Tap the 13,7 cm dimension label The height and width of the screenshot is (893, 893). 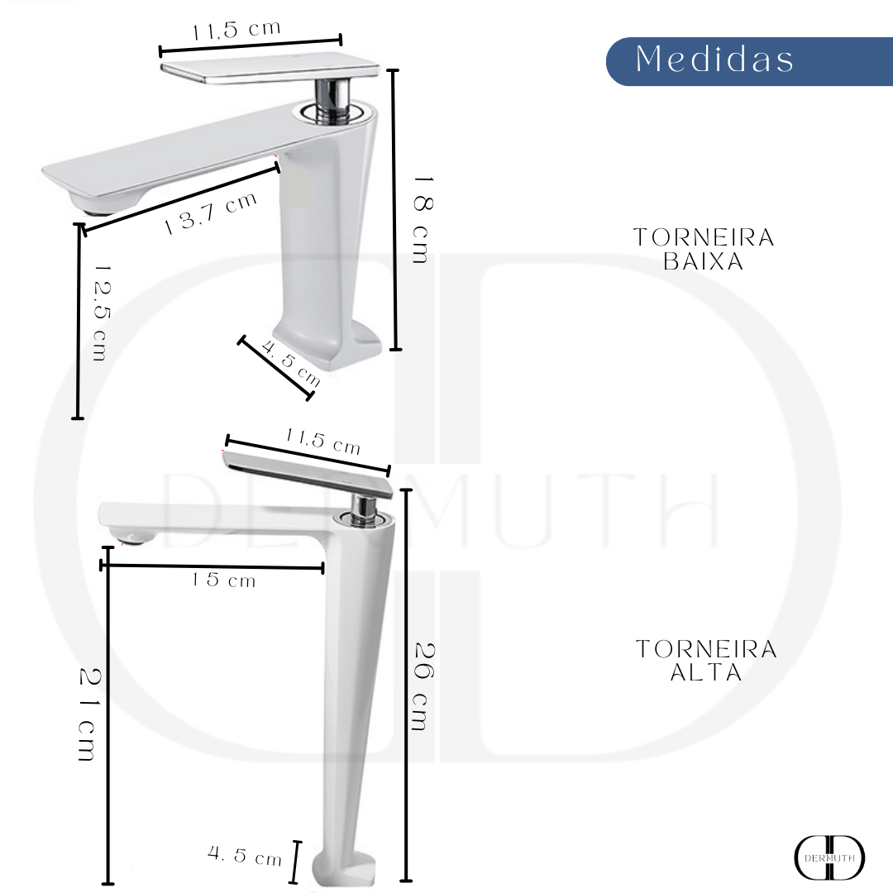pyautogui.click(x=211, y=214)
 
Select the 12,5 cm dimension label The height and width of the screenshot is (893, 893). pyautogui.click(x=100, y=313)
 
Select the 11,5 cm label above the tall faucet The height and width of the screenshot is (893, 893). pyautogui.click(x=322, y=442)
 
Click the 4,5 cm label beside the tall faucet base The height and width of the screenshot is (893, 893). pyautogui.click(x=246, y=857)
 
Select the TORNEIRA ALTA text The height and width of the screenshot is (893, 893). pyautogui.click(x=706, y=661)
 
